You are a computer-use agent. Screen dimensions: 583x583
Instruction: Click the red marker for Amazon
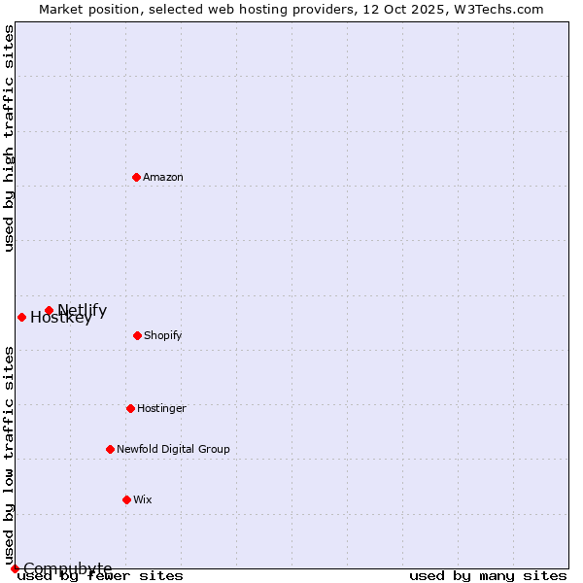pyautogui.click(x=136, y=177)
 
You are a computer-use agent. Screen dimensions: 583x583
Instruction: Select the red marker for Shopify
pyautogui.click(x=137, y=335)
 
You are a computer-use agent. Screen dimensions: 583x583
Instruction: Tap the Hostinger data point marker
pyautogui.click(x=130, y=408)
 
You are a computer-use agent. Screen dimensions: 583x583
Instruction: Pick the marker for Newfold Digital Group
pyautogui.click(x=110, y=449)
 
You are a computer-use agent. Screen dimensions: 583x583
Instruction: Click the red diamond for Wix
pyautogui.click(x=126, y=499)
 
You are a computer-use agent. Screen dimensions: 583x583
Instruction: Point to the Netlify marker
pyautogui.click(x=49, y=310)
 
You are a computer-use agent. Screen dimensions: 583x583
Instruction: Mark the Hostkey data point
pyautogui.click(x=21, y=317)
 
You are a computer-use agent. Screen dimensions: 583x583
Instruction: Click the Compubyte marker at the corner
pyautogui.click(x=15, y=568)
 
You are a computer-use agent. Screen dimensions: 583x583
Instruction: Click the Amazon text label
pyautogui.click(x=163, y=177)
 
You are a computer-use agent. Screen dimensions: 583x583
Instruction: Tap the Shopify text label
pyautogui.click(x=163, y=335)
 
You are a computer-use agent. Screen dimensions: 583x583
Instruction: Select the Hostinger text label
pyautogui.click(x=161, y=408)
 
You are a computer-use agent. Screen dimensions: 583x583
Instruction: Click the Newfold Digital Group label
pyautogui.click(x=173, y=449)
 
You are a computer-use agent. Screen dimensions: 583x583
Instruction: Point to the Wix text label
pyautogui.click(x=143, y=499)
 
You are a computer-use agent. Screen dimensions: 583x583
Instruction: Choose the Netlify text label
pyautogui.click(x=83, y=310)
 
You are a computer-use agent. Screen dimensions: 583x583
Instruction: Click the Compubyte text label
pyautogui.click(x=68, y=568)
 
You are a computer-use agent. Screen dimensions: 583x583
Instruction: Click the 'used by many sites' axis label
pyautogui.click(x=488, y=575)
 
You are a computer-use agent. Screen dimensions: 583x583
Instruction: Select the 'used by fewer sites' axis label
pyautogui.click(x=100, y=575)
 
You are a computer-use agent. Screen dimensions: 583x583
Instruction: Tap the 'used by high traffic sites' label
pyautogui.click(x=9, y=138)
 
